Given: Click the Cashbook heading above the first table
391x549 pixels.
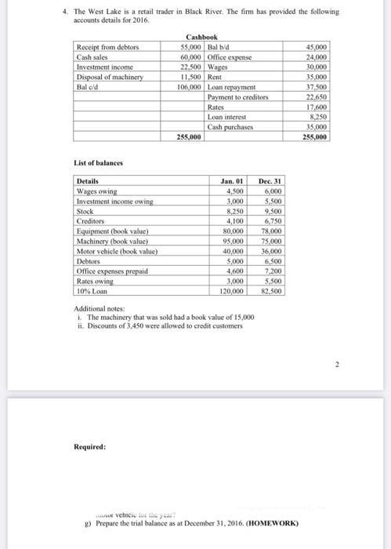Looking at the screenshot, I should tap(202, 38).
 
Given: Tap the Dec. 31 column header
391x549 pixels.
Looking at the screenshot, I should tap(270, 181).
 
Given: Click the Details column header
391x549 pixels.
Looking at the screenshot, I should tap(89, 181).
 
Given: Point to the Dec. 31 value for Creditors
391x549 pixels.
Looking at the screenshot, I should tap(271, 221).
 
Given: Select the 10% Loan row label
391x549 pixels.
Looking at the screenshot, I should tap(91, 290).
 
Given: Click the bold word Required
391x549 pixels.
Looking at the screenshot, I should tap(90, 446).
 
